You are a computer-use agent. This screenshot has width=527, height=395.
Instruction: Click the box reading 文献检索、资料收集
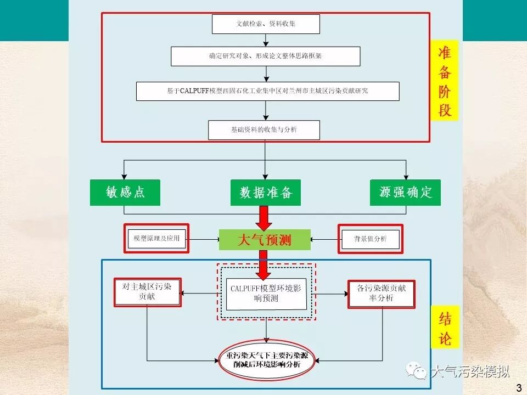265,24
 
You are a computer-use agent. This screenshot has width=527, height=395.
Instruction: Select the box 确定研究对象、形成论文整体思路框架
265,56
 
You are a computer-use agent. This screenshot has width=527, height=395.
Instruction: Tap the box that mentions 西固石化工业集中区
267,91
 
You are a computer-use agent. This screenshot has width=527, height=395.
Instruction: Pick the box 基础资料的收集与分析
263,130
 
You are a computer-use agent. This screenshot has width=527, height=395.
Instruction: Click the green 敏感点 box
125,193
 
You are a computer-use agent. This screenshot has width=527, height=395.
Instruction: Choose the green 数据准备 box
266,193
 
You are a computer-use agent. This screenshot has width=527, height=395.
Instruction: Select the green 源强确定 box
405,193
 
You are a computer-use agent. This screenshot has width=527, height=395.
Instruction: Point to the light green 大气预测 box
265,240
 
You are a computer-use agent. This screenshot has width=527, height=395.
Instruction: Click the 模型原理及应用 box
156,239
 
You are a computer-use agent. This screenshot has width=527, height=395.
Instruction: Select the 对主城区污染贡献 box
147,292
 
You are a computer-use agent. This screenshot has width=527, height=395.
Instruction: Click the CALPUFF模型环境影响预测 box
266,293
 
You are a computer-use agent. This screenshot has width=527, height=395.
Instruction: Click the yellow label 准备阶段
445,81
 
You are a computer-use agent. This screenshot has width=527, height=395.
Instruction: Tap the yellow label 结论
445,328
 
